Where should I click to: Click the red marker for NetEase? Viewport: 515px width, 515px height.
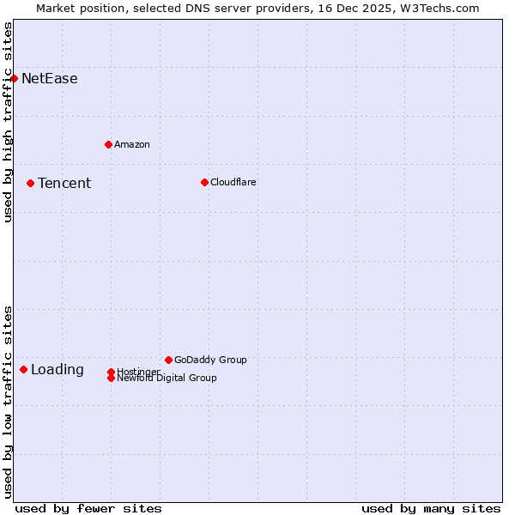tap(14, 78)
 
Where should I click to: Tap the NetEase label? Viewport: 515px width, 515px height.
tap(49, 79)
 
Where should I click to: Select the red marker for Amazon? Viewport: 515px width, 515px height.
tap(108, 144)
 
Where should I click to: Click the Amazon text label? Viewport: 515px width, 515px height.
tap(131, 144)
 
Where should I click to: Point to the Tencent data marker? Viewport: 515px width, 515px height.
tap(30, 183)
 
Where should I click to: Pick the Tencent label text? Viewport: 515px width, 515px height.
tap(64, 183)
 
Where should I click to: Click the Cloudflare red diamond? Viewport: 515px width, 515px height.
tap(204, 182)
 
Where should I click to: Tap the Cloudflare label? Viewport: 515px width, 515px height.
tap(233, 182)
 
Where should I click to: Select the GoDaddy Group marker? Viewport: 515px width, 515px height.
tap(168, 360)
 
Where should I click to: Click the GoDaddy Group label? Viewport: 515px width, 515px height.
tap(210, 360)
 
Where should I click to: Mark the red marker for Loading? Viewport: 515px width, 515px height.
tap(23, 369)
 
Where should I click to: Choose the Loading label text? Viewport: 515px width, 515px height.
tap(58, 370)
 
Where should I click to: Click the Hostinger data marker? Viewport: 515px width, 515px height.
tap(111, 372)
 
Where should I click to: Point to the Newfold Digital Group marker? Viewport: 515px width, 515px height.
tap(111, 379)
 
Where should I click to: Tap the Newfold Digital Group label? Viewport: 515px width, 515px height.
tap(167, 379)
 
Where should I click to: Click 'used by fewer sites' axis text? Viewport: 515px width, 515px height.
tap(88, 508)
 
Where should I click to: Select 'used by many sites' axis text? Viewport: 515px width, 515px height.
tap(431, 508)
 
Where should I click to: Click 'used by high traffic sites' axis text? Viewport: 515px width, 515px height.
tap(8, 122)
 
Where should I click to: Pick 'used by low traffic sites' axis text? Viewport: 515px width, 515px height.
tap(8, 401)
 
